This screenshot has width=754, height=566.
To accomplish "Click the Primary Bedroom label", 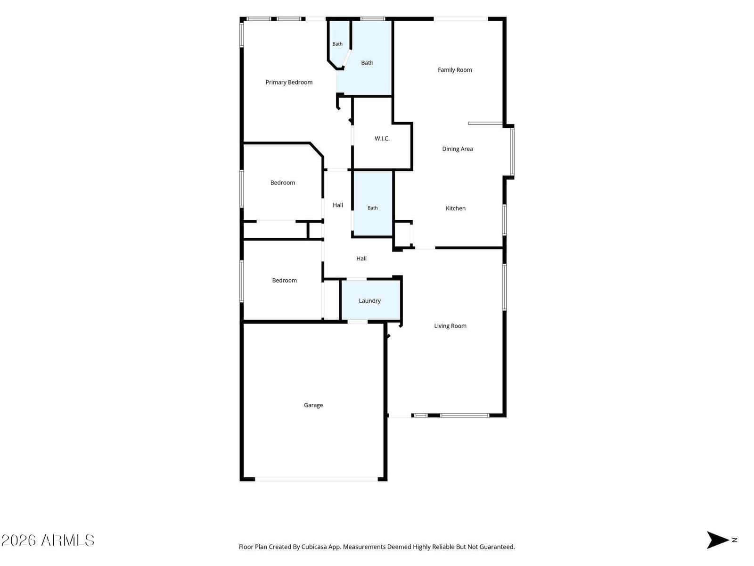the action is pos(289,82).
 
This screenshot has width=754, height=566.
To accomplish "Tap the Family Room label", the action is pos(454,70).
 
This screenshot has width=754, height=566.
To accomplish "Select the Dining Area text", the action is pos(457,149).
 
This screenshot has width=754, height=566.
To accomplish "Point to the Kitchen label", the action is pos(456,208).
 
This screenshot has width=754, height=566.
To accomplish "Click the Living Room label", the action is pos(450,326).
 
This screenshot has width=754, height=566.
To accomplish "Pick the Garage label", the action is pos(313,405).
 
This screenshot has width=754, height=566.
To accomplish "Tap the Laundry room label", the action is pos(369,301).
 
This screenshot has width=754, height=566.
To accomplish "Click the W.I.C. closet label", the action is pos(382,139).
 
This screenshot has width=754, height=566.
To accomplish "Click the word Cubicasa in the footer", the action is pos(314,547).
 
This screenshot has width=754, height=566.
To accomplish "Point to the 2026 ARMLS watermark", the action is pos(48,540).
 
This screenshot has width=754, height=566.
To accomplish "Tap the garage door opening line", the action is pos(316,479).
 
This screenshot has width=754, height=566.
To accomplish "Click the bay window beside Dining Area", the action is pos(512,151).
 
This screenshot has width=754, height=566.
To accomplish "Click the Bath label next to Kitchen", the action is pos(372,208).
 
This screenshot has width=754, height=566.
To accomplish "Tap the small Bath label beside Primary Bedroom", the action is pos(337,44).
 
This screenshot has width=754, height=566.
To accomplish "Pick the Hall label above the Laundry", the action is pos(361,258).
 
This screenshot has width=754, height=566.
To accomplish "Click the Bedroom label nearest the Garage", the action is pos(284,281).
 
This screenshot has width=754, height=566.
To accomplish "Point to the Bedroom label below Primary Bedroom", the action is pos(282,183).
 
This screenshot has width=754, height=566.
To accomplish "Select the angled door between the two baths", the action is pos(346,58).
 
